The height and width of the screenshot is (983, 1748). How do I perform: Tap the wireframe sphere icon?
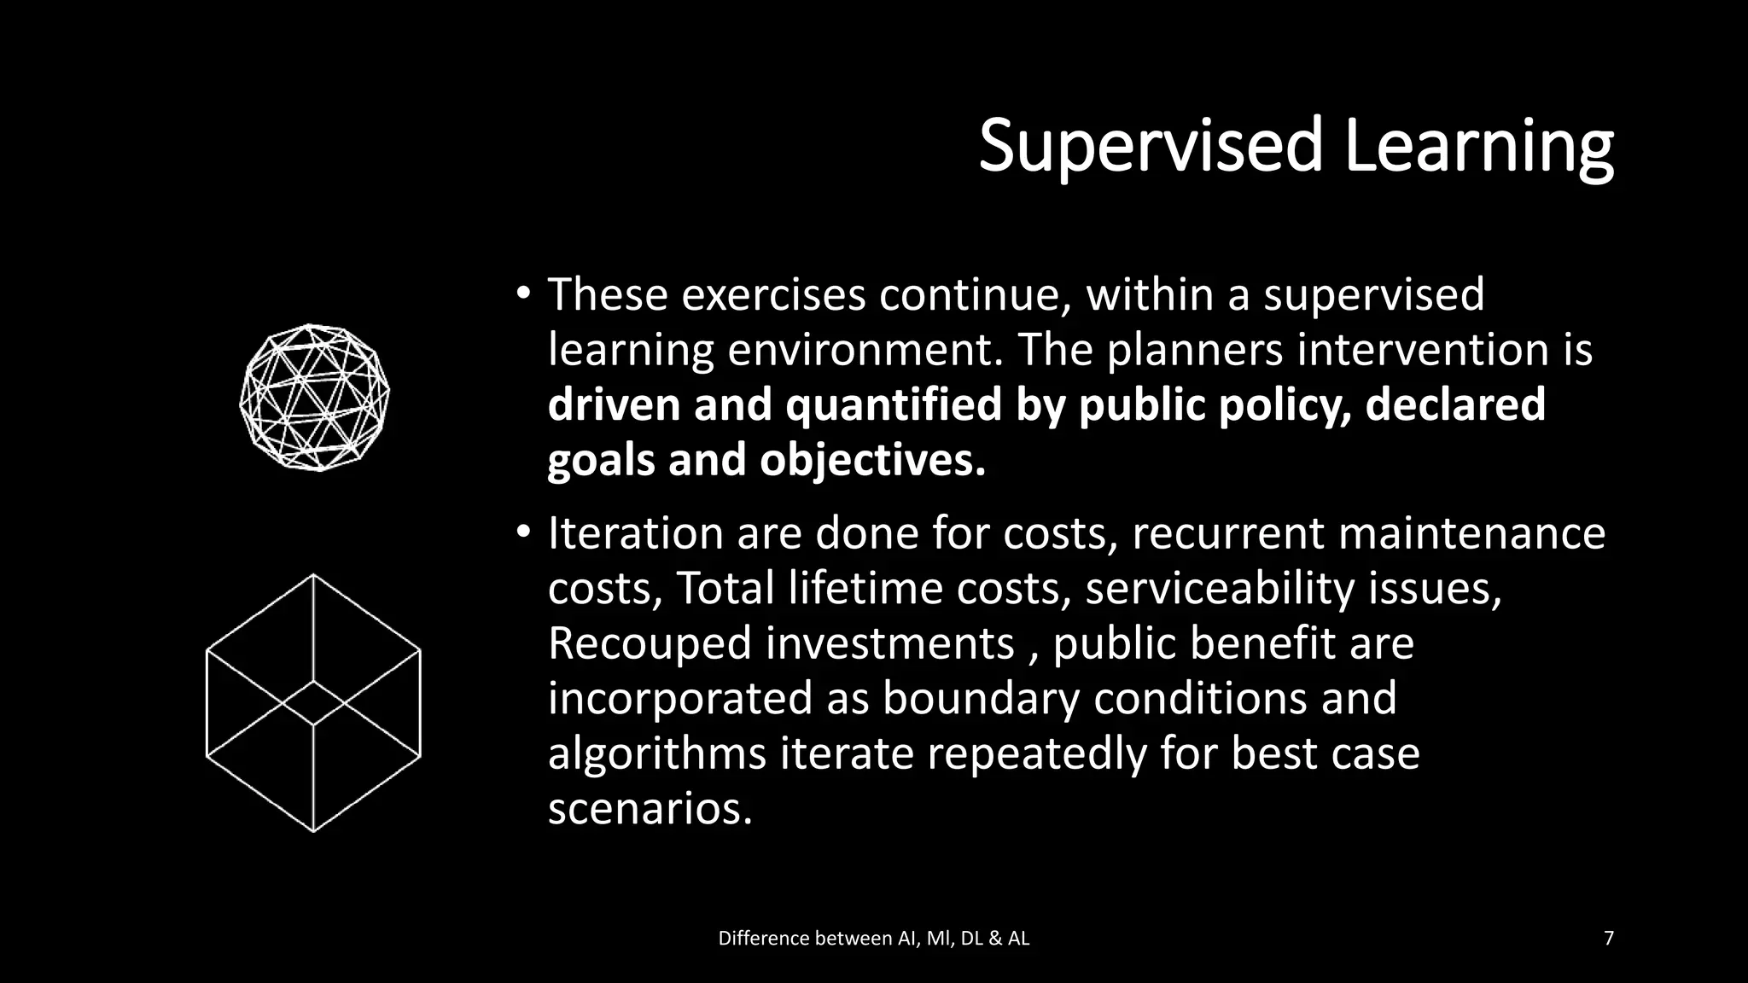click(x=314, y=398)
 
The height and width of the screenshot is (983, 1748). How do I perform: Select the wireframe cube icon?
click(x=313, y=702)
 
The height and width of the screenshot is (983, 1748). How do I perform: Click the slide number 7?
click(x=1609, y=939)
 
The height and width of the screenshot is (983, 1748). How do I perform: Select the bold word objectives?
click(x=872, y=460)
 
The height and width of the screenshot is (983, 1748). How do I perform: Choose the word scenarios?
click(x=650, y=808)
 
